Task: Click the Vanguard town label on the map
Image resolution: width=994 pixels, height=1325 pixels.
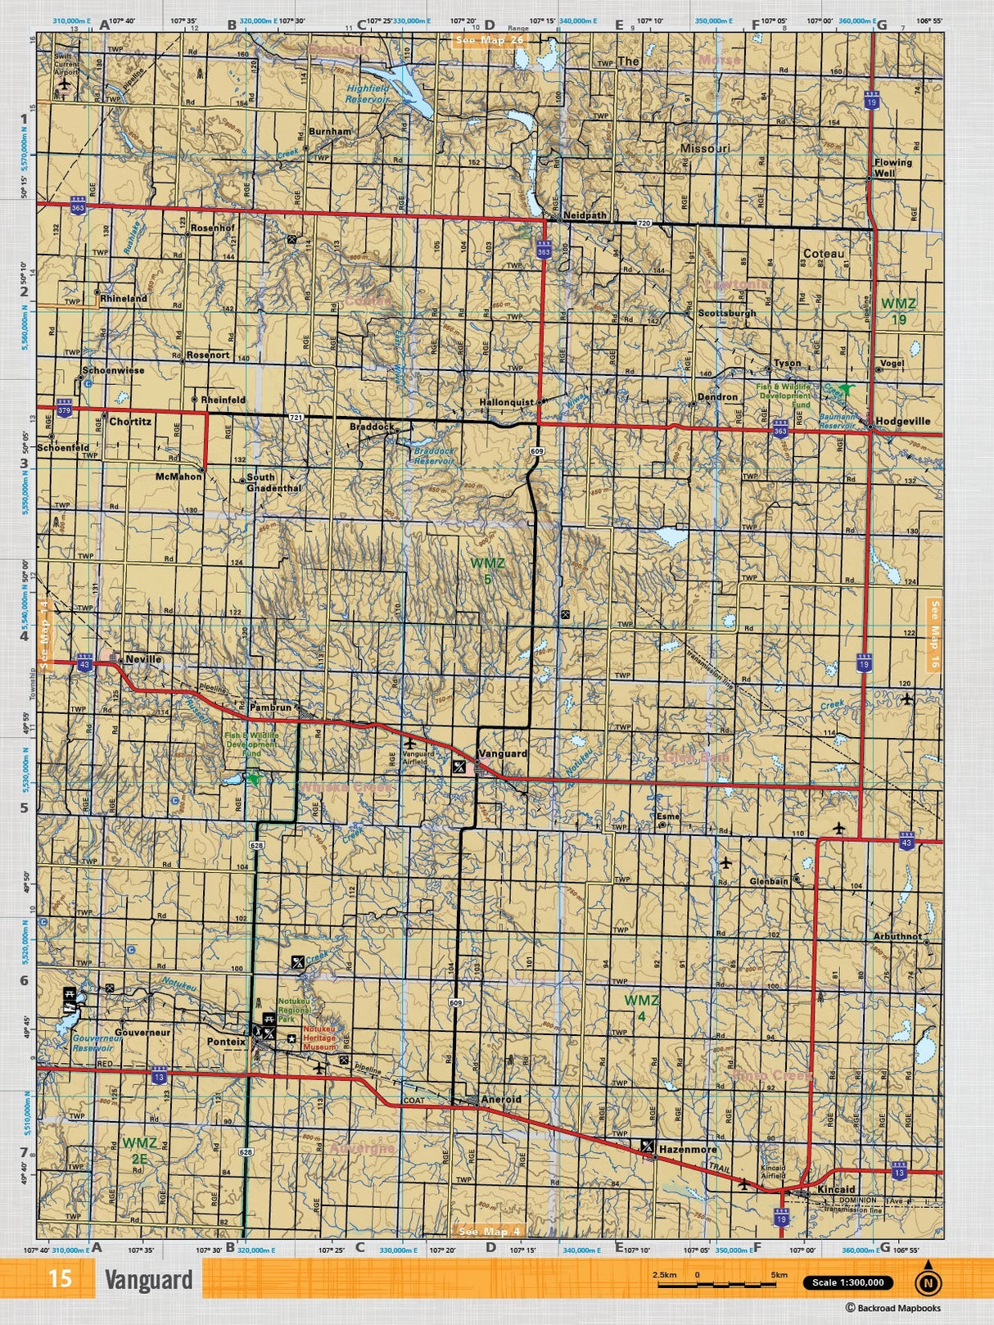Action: (503, 753)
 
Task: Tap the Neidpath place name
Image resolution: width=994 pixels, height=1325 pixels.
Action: (585, 215)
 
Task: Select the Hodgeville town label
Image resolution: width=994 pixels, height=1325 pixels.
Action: (902, 421)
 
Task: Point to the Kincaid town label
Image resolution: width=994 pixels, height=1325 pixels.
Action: (836, 1189)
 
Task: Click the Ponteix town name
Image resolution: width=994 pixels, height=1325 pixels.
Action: (226, 1042)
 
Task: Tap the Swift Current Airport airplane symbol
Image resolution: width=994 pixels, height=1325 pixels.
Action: (65, 86)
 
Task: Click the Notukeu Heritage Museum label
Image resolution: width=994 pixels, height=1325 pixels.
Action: (319, 1038)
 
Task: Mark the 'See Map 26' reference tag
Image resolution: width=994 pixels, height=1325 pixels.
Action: (489, 40)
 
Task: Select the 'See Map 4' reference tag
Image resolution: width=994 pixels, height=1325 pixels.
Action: (489, 1231)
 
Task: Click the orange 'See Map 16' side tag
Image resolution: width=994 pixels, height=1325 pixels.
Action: (934, 635)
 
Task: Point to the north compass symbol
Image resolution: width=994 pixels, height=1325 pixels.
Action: (927, 1283)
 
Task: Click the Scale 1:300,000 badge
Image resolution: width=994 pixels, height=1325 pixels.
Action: (847, 1282)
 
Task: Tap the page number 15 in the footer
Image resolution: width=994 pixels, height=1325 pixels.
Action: (61, 1278)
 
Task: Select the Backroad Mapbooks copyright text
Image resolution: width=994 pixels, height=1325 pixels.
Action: (893, 1309)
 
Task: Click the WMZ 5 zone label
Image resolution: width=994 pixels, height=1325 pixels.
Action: (487, 572)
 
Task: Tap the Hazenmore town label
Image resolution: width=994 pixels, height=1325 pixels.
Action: (688, 1149)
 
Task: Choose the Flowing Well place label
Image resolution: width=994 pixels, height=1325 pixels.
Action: (892, 168)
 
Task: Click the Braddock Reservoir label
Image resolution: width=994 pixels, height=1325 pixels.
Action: (434, 455)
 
